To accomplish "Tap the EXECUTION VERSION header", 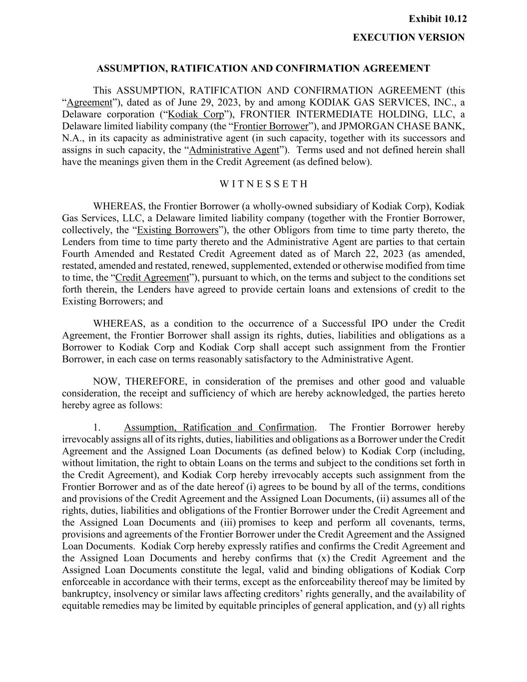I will (x=409, y=37).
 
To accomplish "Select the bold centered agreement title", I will (x=263, y=68).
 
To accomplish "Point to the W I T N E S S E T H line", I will (x=264, y=184).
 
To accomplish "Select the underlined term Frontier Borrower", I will (x=271, y=126).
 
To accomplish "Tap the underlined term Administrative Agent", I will (x=234, y=150).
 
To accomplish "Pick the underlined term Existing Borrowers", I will (x=178, y=230).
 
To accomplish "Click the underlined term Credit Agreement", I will (x=152, y=278).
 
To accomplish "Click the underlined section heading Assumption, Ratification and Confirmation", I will (x=219, y=428).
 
